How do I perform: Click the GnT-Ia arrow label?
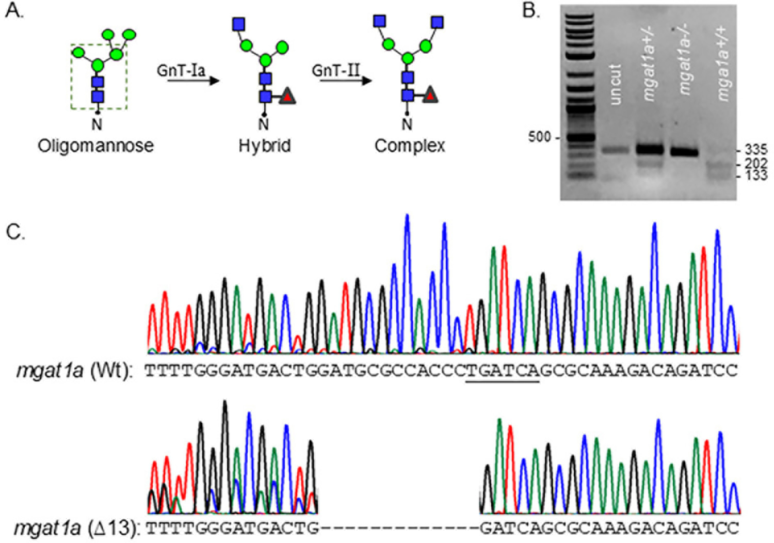pos(181,70)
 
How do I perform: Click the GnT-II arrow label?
pos(336,70)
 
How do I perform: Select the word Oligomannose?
pos(95,146)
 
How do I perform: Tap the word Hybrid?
pos(265,146)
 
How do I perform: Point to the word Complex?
pos(410,146)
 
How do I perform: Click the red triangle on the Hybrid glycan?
pos(287,97)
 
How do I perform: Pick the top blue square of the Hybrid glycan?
pos(239,24)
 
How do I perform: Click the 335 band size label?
pos(756,150)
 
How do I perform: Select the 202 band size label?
pos(756,164)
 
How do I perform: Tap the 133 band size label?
pos(756,176)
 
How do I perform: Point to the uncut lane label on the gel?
pos(616,84)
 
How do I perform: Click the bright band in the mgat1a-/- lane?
pos(684,152)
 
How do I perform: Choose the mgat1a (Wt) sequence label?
pos(75,372)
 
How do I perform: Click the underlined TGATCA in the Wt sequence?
pos(503,371)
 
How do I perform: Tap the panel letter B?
pos(531,11)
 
